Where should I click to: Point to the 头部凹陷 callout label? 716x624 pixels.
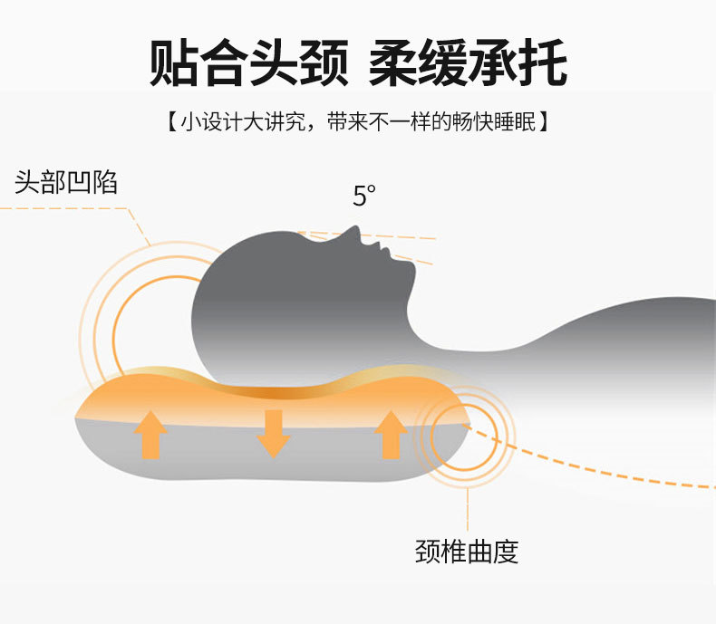[66, 182]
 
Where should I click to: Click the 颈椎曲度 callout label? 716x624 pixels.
[467, 552]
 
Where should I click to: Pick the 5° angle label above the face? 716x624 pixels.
[363, 196]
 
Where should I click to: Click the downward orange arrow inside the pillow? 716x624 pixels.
[273, 433]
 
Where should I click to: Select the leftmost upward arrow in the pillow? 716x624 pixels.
[150, 435]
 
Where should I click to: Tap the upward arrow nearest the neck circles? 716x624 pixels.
[391, 435]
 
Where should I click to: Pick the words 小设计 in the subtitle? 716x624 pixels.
[209, 122]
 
